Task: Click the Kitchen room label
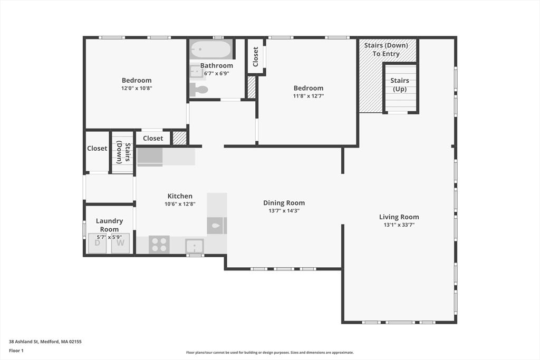tap(180, 196)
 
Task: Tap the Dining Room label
tap(284, 203)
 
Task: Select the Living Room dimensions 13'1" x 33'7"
tap(399, 225)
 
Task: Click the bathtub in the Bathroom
tap(211, 50)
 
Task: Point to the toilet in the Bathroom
tap(199, 90)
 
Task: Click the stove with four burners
tap(159, 245)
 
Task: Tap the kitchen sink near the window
tap(195, 246)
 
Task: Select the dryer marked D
tap(98, 244)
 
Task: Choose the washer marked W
tap(120, 244)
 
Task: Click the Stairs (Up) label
tap(400, 85)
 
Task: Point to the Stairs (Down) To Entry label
tap(386, 50)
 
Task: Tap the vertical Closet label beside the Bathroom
tap(256, 56)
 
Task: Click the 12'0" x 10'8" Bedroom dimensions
tap(137, 88)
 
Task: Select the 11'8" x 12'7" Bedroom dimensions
tap(308, 96)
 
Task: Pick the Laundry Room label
tap(110, 225)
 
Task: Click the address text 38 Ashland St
tap(24, 342)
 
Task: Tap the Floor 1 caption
tap(16, 351)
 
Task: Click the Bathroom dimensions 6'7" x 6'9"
tap(217, 73)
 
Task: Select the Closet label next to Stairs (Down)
tap(97, 148)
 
